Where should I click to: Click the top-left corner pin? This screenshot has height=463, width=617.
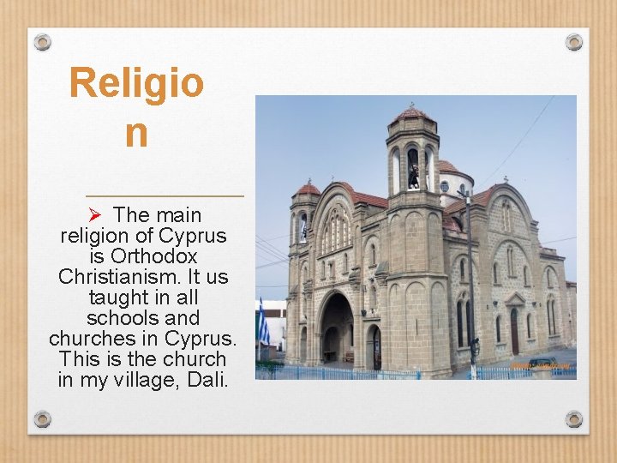point(42,41)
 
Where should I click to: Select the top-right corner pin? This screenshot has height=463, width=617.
point(574,41)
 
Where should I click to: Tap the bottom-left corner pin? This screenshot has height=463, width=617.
point(42,419)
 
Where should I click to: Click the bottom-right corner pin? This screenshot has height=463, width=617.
point(574,419)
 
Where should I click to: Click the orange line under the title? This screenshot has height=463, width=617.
point(165,196)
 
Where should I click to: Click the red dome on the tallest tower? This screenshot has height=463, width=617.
point(412,113)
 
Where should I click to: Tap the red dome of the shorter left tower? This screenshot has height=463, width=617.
point(308,189)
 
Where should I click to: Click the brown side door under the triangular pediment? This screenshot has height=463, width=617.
point(514,329)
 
